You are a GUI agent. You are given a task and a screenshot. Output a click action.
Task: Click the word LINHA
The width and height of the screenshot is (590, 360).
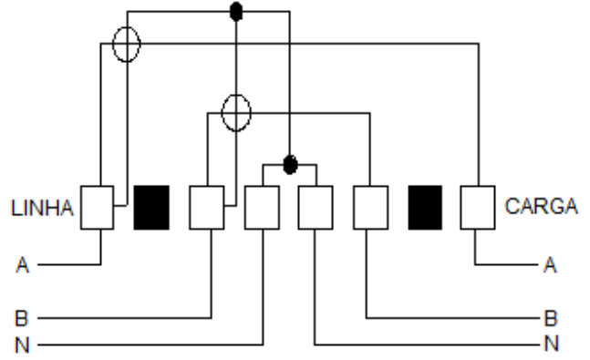[x=42, y=208]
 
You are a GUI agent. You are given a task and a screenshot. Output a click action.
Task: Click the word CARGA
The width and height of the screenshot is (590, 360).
[x=542, y=206]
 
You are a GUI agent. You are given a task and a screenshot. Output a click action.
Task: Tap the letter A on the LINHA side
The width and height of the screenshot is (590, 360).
[x=23, y=265]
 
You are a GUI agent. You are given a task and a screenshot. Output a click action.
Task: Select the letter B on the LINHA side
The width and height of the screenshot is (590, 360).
[x=22, y=318]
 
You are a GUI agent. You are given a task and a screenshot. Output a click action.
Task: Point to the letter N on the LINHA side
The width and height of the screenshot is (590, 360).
[x=22, y=345]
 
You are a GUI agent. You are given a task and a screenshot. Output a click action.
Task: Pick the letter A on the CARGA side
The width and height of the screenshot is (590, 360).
[x=550, y=265]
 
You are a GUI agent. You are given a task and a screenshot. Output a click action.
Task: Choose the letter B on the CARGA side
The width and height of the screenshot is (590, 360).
[x=551, y=318]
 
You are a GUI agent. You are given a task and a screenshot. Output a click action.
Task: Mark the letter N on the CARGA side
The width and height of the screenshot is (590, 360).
[x=551, y=343]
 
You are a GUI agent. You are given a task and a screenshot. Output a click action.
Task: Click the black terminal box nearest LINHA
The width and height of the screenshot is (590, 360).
[x=151, y=207]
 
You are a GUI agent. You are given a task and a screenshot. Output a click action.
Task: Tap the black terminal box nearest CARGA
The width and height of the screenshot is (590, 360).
[x=425, y=207]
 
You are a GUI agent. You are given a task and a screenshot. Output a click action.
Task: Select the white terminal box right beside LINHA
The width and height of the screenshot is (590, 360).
[x=97, y=207]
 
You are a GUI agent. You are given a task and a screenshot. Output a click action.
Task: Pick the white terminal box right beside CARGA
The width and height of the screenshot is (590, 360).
[x=478, y=207]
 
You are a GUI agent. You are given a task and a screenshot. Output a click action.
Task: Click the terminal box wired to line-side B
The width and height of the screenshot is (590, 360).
[x=207, y=207]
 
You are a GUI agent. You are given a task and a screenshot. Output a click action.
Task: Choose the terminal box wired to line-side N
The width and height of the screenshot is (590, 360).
[x=263, y=207]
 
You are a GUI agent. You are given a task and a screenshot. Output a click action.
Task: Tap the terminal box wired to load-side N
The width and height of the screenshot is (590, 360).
[x=316, y=207]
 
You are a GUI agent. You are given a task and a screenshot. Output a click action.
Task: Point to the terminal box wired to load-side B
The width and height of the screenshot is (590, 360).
[x=370, y=207]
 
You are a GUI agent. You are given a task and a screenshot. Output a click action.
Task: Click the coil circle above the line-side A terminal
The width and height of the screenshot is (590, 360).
[x=127, y=27]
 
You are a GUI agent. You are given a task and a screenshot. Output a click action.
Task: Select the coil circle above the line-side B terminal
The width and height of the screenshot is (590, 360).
[x=236, y=95]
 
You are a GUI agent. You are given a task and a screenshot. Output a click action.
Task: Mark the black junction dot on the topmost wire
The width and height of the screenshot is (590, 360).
[x=236, y=12]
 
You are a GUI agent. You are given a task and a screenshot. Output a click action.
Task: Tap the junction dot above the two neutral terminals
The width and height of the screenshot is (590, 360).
[x=290, y=165]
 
